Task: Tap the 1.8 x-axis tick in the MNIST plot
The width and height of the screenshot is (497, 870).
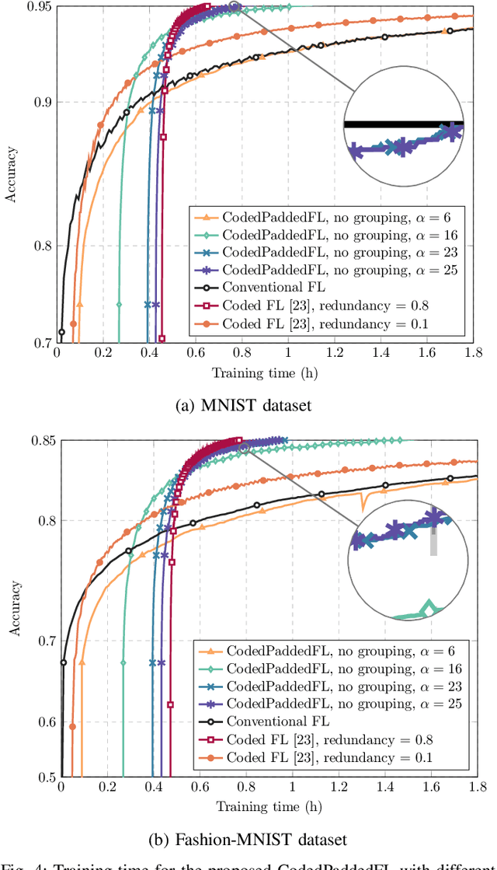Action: pos(473,353)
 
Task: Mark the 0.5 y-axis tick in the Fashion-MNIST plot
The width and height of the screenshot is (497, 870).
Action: pos(43,777)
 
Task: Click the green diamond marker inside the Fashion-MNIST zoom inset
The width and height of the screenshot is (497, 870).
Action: pos(426,606)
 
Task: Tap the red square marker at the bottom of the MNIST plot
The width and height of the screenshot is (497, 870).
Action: pos(162,338)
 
